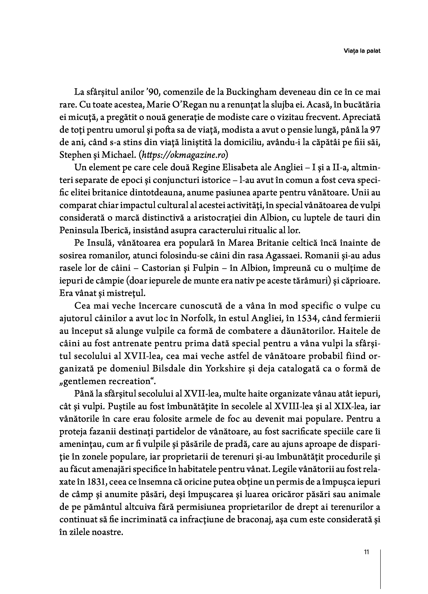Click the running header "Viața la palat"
(x=362, y=51)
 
